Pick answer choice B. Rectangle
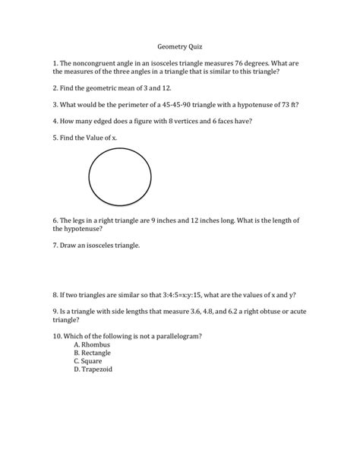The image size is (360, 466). point(93,353)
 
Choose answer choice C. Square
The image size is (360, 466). point(89,362)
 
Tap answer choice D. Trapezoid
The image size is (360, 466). point(93,371)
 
